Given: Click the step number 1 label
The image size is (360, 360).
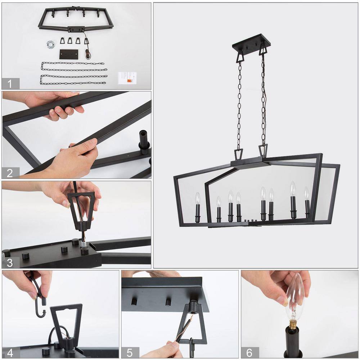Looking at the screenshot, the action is coord(9,84).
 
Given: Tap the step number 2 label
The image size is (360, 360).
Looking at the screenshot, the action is coord(10,173).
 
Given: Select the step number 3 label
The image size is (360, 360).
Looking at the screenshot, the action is coord(10,263).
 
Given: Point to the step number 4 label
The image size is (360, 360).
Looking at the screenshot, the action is coord(10,353).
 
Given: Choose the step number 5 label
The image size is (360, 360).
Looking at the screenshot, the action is coord(130,353).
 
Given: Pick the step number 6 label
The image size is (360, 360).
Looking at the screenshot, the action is coord(249,353).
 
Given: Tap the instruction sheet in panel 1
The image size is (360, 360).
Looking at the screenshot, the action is coord(127,78).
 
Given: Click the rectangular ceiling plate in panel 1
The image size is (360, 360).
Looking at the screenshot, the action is coord(69,54).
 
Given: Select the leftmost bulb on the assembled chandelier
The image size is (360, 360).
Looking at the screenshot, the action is coord(198,198).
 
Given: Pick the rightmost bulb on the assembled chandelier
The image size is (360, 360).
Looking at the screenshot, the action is coord(306,193).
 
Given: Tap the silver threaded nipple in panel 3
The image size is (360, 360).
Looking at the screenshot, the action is coord(83,244).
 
